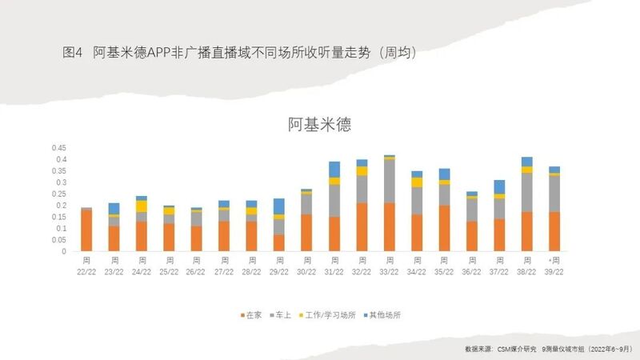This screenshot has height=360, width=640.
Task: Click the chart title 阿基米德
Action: pyautogui.click(x=320, y=125)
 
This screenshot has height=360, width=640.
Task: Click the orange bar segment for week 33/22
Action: pyautogui.click(x=389, y=227)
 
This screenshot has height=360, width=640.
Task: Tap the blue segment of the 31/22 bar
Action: pyautogui.click(x=334, y=169)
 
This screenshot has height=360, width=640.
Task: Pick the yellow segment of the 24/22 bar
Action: pyautogui.click(x=142, y=206)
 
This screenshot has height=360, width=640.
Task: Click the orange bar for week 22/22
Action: pyautogui.click(x=86, y=230)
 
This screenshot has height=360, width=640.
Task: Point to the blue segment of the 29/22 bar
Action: pyautogui.click(x=278, y=206)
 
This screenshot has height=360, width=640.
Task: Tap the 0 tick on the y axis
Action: pyautogui.click(x=66, y=251)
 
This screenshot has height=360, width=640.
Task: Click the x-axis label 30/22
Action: pyautogui.click(x=306, y=270)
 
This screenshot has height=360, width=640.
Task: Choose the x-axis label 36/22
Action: pyautogui.click(x=471, y=270)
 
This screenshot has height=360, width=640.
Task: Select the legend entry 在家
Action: pyautogui.click(x=250, y=314)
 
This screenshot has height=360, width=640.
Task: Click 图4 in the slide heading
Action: pyautogui.click(x=73, y=52)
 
